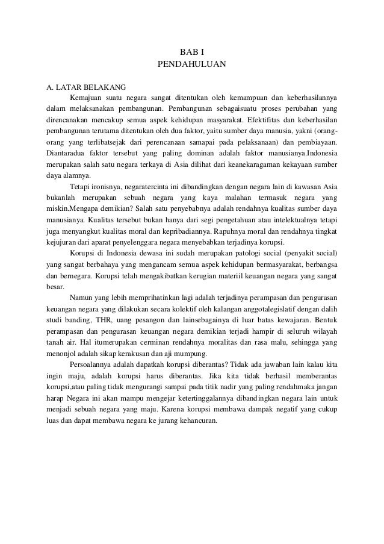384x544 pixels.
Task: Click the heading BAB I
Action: pyautogui.click(x=191, y=52)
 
